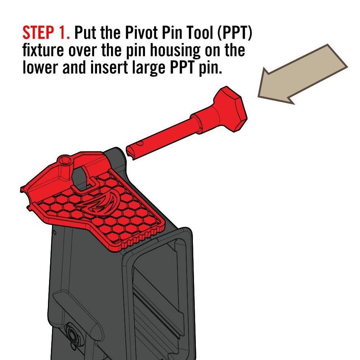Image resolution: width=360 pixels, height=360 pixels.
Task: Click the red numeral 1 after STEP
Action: (65, 33)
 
